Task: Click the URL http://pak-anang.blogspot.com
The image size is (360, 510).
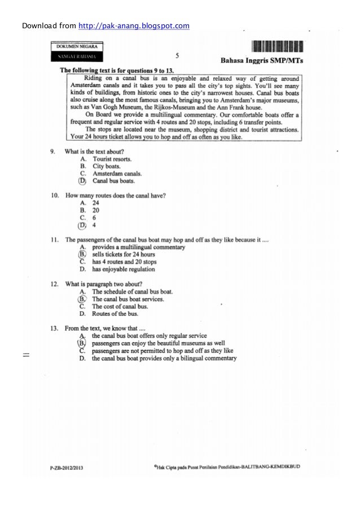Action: tap(133, 25)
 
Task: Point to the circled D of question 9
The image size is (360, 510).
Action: tap(82, 181)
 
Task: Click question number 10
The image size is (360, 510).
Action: tap(55, 195)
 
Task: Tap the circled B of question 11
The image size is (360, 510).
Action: tap(82, 255)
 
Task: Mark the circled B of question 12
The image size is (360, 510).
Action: tap(82, 299)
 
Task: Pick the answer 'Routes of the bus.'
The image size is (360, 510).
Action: tap(115, 313)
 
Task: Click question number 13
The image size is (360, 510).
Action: tap(55, 328)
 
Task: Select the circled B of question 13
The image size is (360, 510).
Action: tap(82, 342)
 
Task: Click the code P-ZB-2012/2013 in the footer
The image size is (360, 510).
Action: tap(67, 468)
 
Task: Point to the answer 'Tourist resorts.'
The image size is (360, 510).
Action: tap(112, 159)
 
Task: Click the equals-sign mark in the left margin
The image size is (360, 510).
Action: tap(26, 355)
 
